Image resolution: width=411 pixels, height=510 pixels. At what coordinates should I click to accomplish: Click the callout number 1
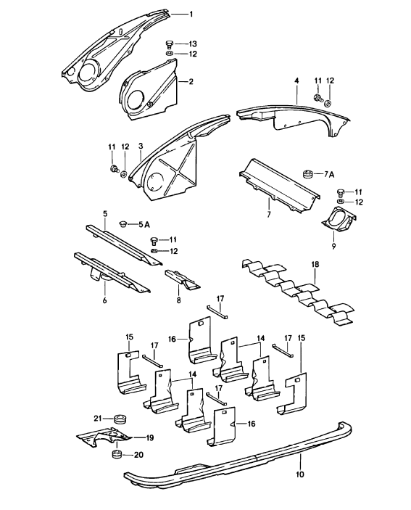[x=191, y=15]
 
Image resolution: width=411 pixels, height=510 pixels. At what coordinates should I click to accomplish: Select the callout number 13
[x=193, y=44]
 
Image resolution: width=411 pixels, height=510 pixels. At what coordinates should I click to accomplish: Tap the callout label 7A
[x=329, y=175]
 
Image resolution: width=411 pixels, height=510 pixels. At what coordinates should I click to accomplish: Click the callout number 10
[x=300, y=474]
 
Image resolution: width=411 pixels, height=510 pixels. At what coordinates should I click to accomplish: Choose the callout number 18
[x=315, y=264]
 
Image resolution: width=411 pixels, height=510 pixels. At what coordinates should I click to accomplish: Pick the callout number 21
[x=98, y=419]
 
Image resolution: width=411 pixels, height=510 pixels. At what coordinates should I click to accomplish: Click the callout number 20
[x=138, y=455]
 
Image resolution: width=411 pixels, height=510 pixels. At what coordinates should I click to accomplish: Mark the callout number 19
[x=149, y=437]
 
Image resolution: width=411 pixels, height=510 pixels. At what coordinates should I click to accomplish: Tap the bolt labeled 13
[x=169, y=44]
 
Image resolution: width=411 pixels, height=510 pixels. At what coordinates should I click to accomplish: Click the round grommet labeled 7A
[x=307, y=174]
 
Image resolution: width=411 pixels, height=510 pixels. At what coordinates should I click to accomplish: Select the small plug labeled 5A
[x=123, y=224]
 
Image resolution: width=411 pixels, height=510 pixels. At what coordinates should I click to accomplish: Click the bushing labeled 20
[x=117, y=454]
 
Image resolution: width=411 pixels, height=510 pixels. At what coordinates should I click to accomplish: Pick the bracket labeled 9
[x=339, y=220]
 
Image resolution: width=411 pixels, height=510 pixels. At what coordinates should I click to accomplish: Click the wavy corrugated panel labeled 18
[x=297, y=292]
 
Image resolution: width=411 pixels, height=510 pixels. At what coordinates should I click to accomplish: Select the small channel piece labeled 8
[x=182, y=279]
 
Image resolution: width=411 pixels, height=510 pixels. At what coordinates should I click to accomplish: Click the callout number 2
[x=191, y=82]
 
